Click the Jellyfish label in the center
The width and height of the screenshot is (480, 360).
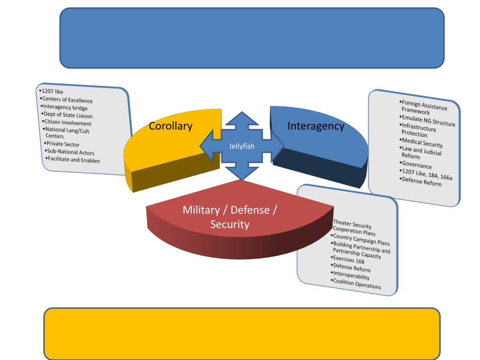pyautogui.click(x=241, y=146)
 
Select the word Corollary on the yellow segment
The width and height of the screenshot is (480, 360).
pyautogui.click(x=171, y=126)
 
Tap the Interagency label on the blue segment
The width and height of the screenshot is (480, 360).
pyautogui.click(x=315, y=126)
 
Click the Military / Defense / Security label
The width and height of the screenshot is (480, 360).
pyautogui.click(x=230, y=217)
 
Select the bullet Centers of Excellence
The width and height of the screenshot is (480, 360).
pyautogui.click(x=67, y=100)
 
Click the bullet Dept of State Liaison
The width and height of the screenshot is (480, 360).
pyautogui.click(x=68, y=115)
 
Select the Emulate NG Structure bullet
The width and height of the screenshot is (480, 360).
pyautogui.click(x=427, y=121)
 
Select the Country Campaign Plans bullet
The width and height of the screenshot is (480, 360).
pyautogui.click(x=360, y=240)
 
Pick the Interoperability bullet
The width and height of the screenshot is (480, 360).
pyautogui.click(x=351, y=276)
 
